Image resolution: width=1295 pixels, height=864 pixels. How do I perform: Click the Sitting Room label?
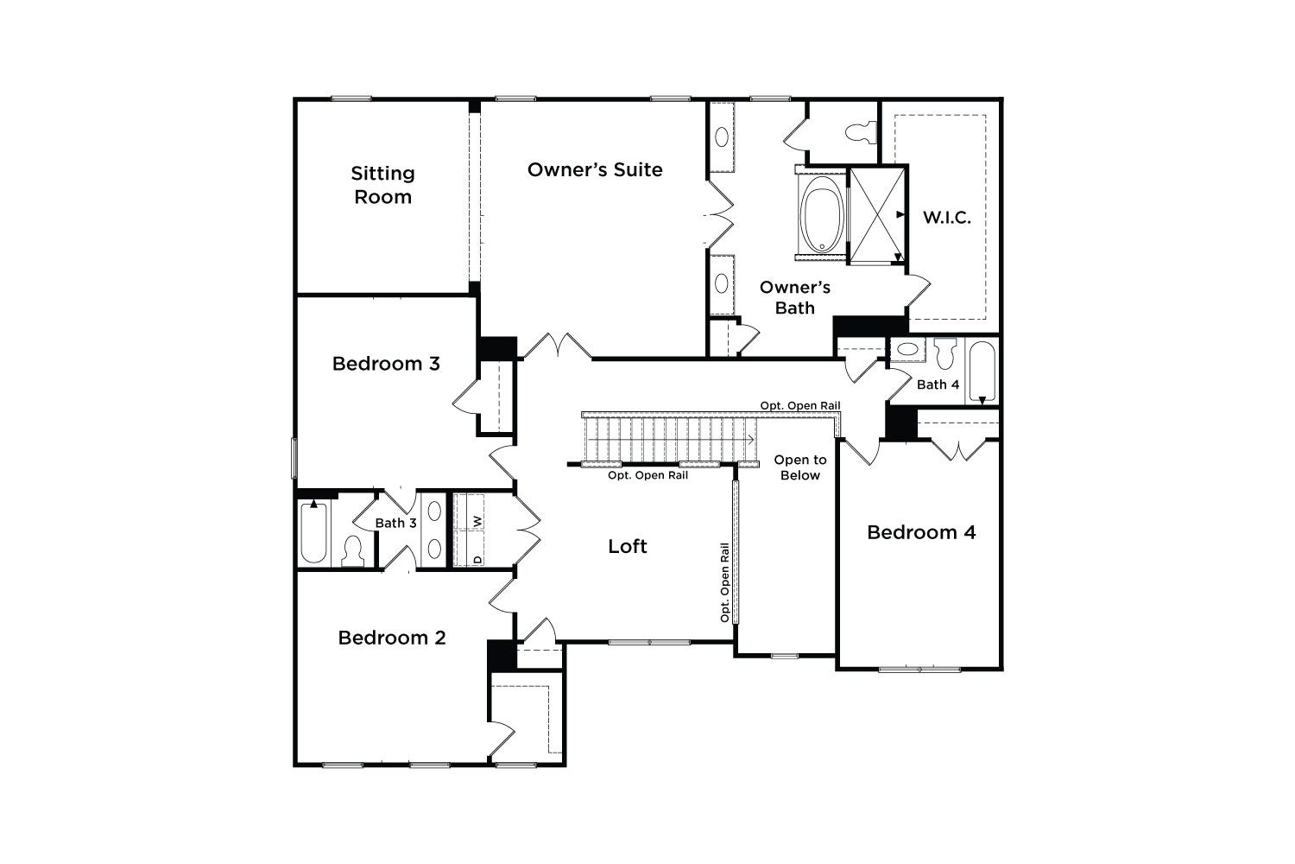tap(382, 185)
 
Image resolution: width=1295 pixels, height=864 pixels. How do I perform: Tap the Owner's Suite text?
tap(595, 169)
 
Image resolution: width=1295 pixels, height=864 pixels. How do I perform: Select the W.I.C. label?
tap(946, 218)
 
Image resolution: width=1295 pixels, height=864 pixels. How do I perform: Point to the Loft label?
tap(628, 546)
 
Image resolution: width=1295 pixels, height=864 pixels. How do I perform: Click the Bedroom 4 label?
tap(921, 532)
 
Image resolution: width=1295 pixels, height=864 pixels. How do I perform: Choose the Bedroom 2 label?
tap(392, 637)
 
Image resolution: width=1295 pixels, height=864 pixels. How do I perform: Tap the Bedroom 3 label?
tap(386, 364)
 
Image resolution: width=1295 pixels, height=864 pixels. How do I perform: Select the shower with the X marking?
tap(876, 214)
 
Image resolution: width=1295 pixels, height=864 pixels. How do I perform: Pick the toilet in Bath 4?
tap(945, 353)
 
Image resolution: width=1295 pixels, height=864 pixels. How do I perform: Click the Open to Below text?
tap(800, 467)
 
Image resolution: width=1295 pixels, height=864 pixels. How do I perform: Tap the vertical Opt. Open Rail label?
tap(724, 582)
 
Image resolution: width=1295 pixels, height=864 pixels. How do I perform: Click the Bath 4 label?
tap(938, 384)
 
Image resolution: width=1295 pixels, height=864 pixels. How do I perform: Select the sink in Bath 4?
tap(907, 350)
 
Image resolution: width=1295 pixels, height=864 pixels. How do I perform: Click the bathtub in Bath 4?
tap(982, 371)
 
